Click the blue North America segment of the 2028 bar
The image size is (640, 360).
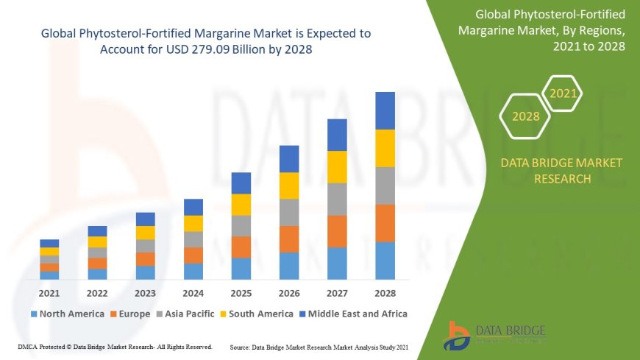coord(385,261)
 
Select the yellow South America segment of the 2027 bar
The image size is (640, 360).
coord(337,167)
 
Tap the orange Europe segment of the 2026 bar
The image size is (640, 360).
coord(289,239)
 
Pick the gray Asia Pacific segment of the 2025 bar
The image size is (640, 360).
coord(241,225)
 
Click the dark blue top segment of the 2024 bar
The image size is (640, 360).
coord(193,207)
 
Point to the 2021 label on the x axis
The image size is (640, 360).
coord(49,293)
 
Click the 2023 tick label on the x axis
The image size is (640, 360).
coord(145,293)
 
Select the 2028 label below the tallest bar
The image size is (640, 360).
coord(385,293)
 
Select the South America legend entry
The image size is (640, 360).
coord(255,314)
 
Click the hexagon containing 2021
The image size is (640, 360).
coord(563,93)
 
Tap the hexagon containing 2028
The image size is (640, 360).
coord(525,116)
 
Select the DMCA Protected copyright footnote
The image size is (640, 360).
coord(115,346)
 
